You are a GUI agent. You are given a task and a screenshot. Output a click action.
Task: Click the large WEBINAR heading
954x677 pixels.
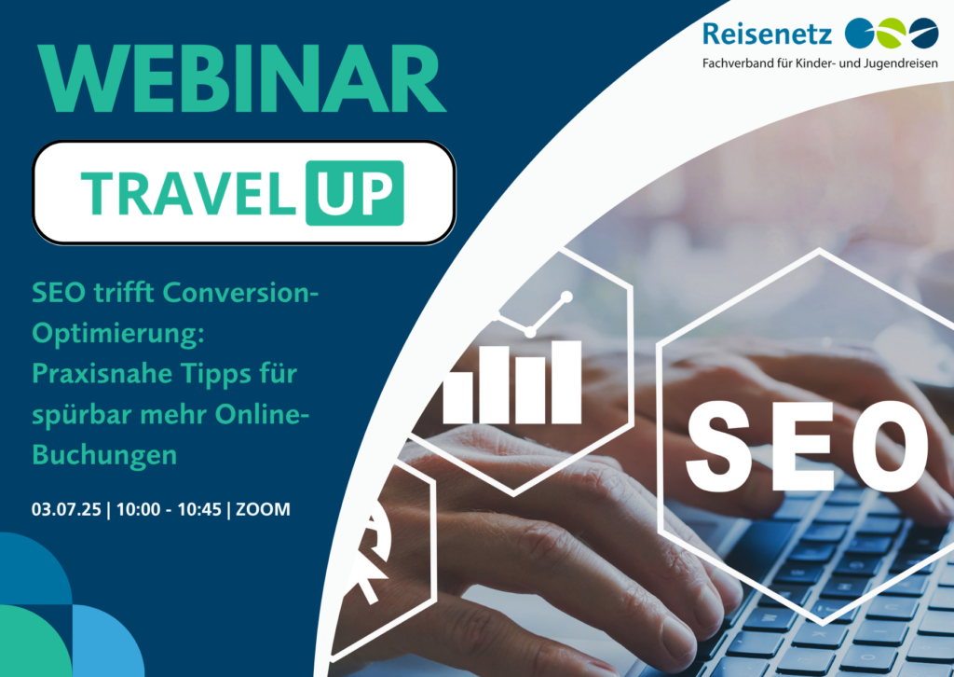pos(242,78)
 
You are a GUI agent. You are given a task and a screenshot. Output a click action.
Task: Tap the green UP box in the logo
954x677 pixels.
pos(355,193)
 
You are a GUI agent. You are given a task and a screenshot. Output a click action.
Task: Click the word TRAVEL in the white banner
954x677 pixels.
pos(188,194)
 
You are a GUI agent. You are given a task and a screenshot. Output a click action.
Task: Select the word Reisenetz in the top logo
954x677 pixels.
pos(767,33)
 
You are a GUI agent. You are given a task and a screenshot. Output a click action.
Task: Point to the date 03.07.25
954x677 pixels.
pos(66,509)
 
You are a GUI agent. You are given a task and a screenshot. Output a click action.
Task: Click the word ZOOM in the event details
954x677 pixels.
pos(263,509)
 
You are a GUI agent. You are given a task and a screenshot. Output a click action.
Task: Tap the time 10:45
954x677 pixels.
pos(199,509)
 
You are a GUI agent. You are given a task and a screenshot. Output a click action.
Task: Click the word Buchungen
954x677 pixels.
pos(104,455)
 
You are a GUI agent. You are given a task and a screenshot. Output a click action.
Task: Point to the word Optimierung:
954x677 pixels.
pos(118,334)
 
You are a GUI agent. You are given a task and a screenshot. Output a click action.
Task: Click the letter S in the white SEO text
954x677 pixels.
pos(718,447)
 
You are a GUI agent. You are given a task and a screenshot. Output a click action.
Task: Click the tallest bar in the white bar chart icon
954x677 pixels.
pos(566,381)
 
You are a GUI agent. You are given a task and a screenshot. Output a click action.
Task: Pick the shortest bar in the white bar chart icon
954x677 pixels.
pos(457,398)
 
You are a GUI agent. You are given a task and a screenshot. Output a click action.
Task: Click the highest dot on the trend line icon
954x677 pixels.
pos(566,297)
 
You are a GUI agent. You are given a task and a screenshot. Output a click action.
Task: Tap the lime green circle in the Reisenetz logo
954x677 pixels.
pos(890,33)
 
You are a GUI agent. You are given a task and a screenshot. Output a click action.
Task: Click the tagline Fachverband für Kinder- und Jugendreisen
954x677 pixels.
pos(820,63)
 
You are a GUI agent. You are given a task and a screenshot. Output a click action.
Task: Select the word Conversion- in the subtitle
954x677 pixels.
pos(241,293)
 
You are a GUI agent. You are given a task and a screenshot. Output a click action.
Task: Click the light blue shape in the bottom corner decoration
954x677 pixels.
pos(106,642)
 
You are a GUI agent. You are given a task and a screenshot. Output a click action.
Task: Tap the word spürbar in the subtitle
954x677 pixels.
pos(82,415)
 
